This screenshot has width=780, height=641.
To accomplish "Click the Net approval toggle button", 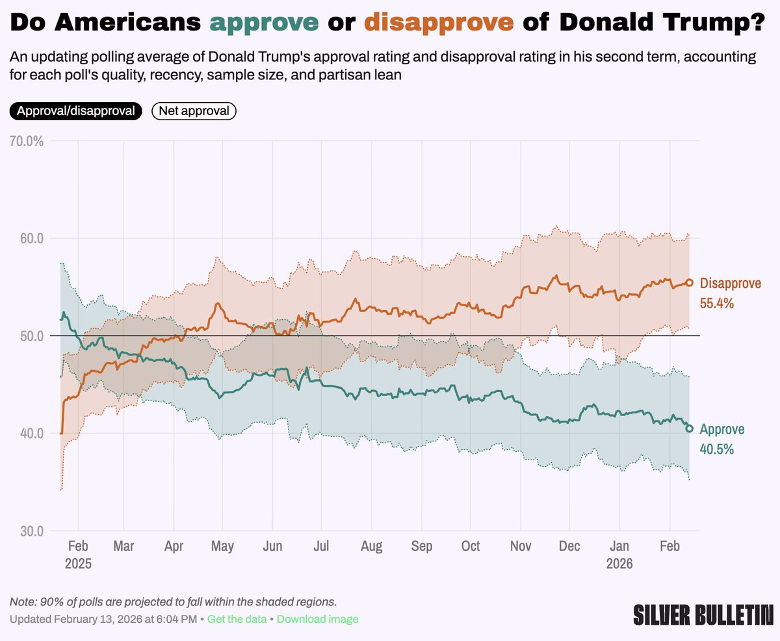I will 194,111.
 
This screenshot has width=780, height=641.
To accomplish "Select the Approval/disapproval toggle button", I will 75,111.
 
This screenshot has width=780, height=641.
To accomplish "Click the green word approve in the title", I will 265,23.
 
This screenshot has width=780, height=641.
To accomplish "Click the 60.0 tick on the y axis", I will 30,238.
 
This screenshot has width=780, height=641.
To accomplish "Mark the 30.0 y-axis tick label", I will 30,530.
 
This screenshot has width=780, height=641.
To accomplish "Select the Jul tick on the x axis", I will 322,546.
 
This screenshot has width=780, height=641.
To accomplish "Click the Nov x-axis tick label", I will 521,546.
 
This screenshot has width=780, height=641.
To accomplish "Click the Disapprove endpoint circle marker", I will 690,283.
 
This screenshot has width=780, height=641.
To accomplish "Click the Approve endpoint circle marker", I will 690,428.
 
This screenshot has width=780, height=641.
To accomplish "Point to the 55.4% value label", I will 716,303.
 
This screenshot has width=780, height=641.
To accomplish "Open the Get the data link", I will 237,619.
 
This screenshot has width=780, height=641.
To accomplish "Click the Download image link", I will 318,619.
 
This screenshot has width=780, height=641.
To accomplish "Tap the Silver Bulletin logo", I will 703,614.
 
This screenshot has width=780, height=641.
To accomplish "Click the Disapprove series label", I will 730,283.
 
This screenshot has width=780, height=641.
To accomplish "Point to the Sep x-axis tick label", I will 422,546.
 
